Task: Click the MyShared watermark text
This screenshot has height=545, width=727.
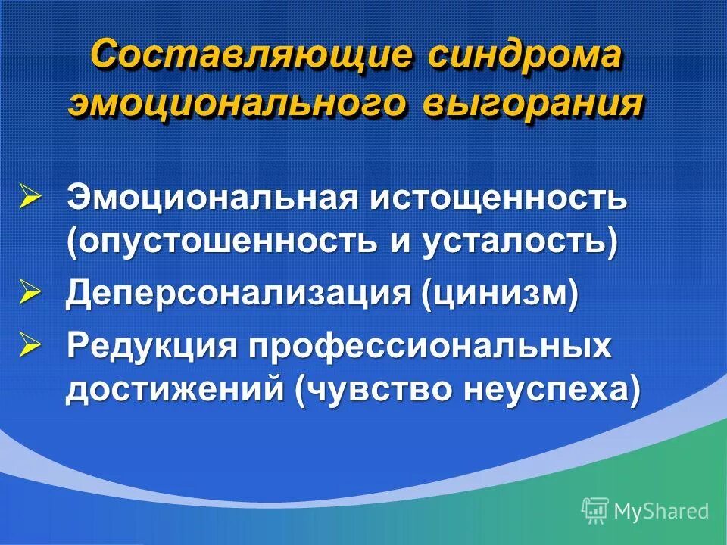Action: click(661, 511)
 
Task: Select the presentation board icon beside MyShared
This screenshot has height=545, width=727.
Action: click(595, 510)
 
